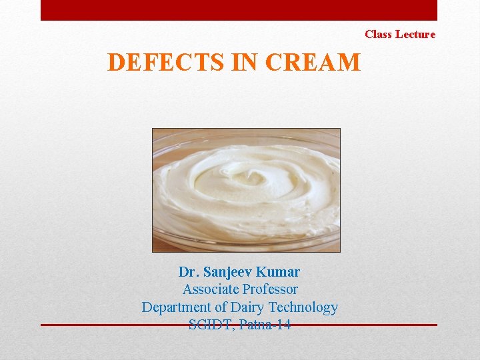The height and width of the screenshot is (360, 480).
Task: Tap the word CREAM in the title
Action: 313,63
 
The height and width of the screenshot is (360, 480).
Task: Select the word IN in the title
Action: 245,63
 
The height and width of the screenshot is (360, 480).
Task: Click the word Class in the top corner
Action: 378,34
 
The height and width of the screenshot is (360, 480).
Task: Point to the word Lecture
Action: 415,34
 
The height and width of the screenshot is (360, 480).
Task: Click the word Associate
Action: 211,289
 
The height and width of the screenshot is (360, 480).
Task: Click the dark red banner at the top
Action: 239,10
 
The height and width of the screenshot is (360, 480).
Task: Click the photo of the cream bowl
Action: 246,190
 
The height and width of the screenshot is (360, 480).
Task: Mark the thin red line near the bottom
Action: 100,325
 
